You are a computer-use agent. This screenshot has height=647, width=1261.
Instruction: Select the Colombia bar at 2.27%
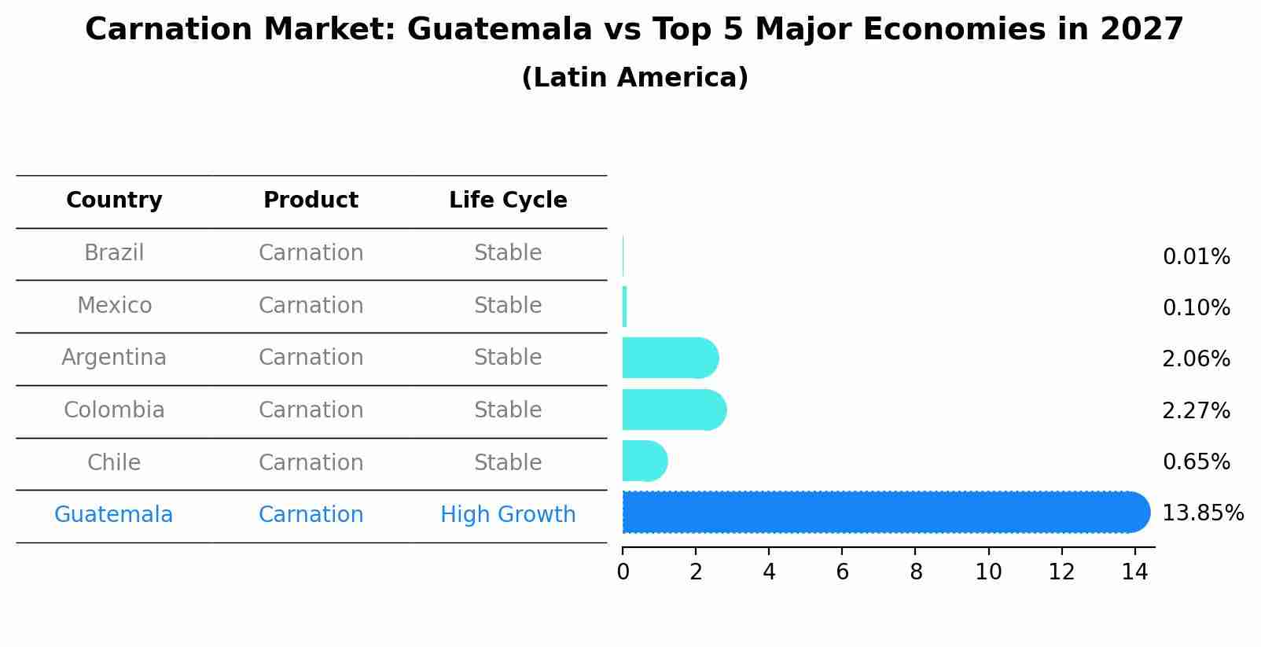click(x=673, y=410)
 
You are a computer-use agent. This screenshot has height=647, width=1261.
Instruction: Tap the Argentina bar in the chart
click(x=669, y=358)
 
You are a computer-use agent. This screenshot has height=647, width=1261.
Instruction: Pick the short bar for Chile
click(x=644, y=461)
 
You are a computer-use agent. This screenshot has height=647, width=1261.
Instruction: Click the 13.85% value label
click(x=1202, y=513)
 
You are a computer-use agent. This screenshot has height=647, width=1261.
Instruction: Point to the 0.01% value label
click(x=1196, y=257)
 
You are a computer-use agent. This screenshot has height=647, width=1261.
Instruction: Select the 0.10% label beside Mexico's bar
click(x=1196, y=308)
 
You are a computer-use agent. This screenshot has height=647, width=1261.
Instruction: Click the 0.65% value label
click(x=1196, y=462)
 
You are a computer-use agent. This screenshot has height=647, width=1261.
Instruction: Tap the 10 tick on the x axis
click(x=988, y=572)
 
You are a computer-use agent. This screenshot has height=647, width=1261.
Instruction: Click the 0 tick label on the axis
click(x=623, y=572)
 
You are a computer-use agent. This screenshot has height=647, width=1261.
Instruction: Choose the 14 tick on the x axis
click(x=1134, y=572)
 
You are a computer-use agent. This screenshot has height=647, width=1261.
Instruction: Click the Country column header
click(x=114, y=200)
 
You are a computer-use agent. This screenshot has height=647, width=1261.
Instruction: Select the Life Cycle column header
click(x=508, y=200)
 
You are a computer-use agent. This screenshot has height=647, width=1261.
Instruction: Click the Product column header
click(x=311, y=200)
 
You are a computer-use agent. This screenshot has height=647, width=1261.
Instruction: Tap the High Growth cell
click(x=508, y=515)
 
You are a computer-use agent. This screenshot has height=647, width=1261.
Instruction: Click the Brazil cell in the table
click(x=114, y=253)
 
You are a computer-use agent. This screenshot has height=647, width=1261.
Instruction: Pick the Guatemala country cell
click(x=114, y=515)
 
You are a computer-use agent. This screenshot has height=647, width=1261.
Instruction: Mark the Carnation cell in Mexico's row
click(x=311, y=306)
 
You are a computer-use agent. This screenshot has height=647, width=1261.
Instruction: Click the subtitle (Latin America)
click(x=634, y=78)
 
